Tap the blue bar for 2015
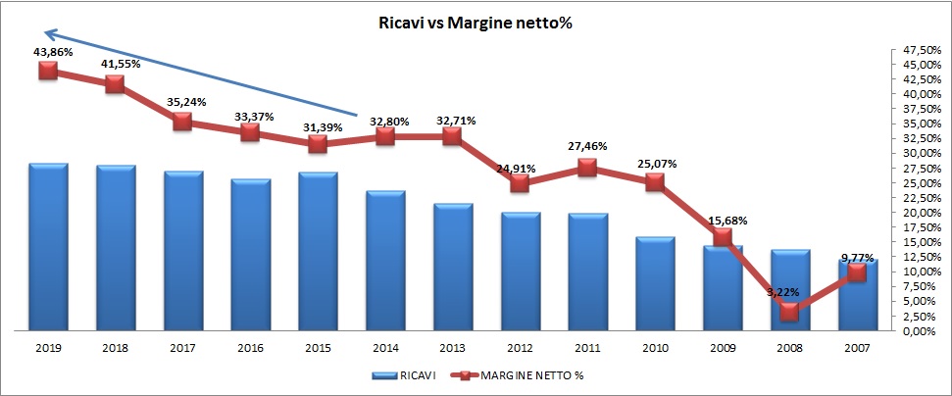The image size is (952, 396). coord(318,252)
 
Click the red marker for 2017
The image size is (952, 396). coord(182,123)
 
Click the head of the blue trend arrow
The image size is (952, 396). coord(24,32)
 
